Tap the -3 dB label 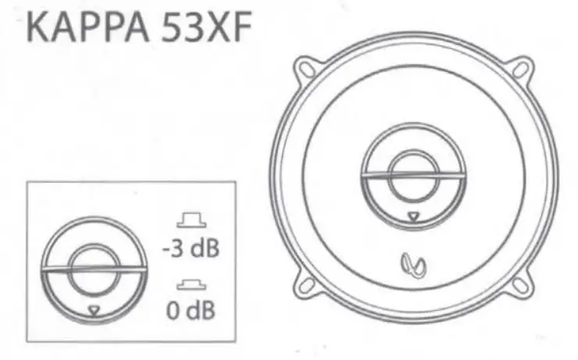click(x=191, y=250)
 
